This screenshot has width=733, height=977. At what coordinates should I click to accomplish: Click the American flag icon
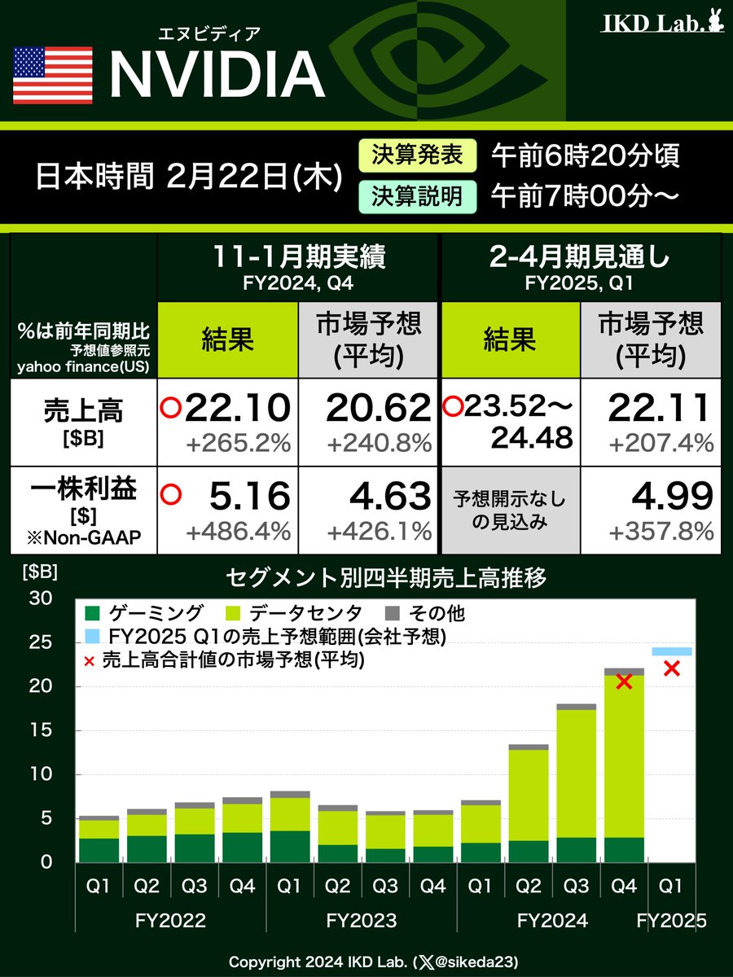53,74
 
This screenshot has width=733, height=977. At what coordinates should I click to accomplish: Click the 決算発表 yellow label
417,155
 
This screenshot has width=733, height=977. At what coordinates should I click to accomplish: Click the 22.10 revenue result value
237,407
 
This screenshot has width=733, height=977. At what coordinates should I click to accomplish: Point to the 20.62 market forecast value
378,407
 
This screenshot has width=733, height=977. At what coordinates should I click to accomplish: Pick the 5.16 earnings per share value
248,496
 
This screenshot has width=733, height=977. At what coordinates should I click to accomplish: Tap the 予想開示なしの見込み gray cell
509,510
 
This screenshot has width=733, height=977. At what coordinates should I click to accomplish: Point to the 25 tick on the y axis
41,642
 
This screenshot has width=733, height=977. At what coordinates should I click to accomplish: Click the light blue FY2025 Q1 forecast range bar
672,651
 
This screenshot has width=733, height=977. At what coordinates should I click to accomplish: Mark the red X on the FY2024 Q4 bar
625,682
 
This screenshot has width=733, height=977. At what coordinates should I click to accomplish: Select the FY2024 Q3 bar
577,782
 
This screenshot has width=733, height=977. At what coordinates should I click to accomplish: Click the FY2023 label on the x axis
361,922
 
